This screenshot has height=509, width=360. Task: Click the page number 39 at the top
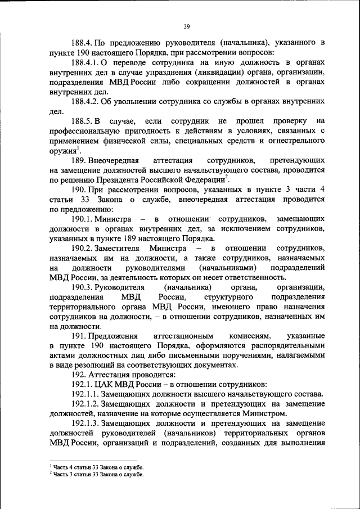click(x=187, y=25)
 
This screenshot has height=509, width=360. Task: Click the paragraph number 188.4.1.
click(x=88, y=62)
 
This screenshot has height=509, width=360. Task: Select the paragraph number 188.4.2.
click(x=88, y=101)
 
